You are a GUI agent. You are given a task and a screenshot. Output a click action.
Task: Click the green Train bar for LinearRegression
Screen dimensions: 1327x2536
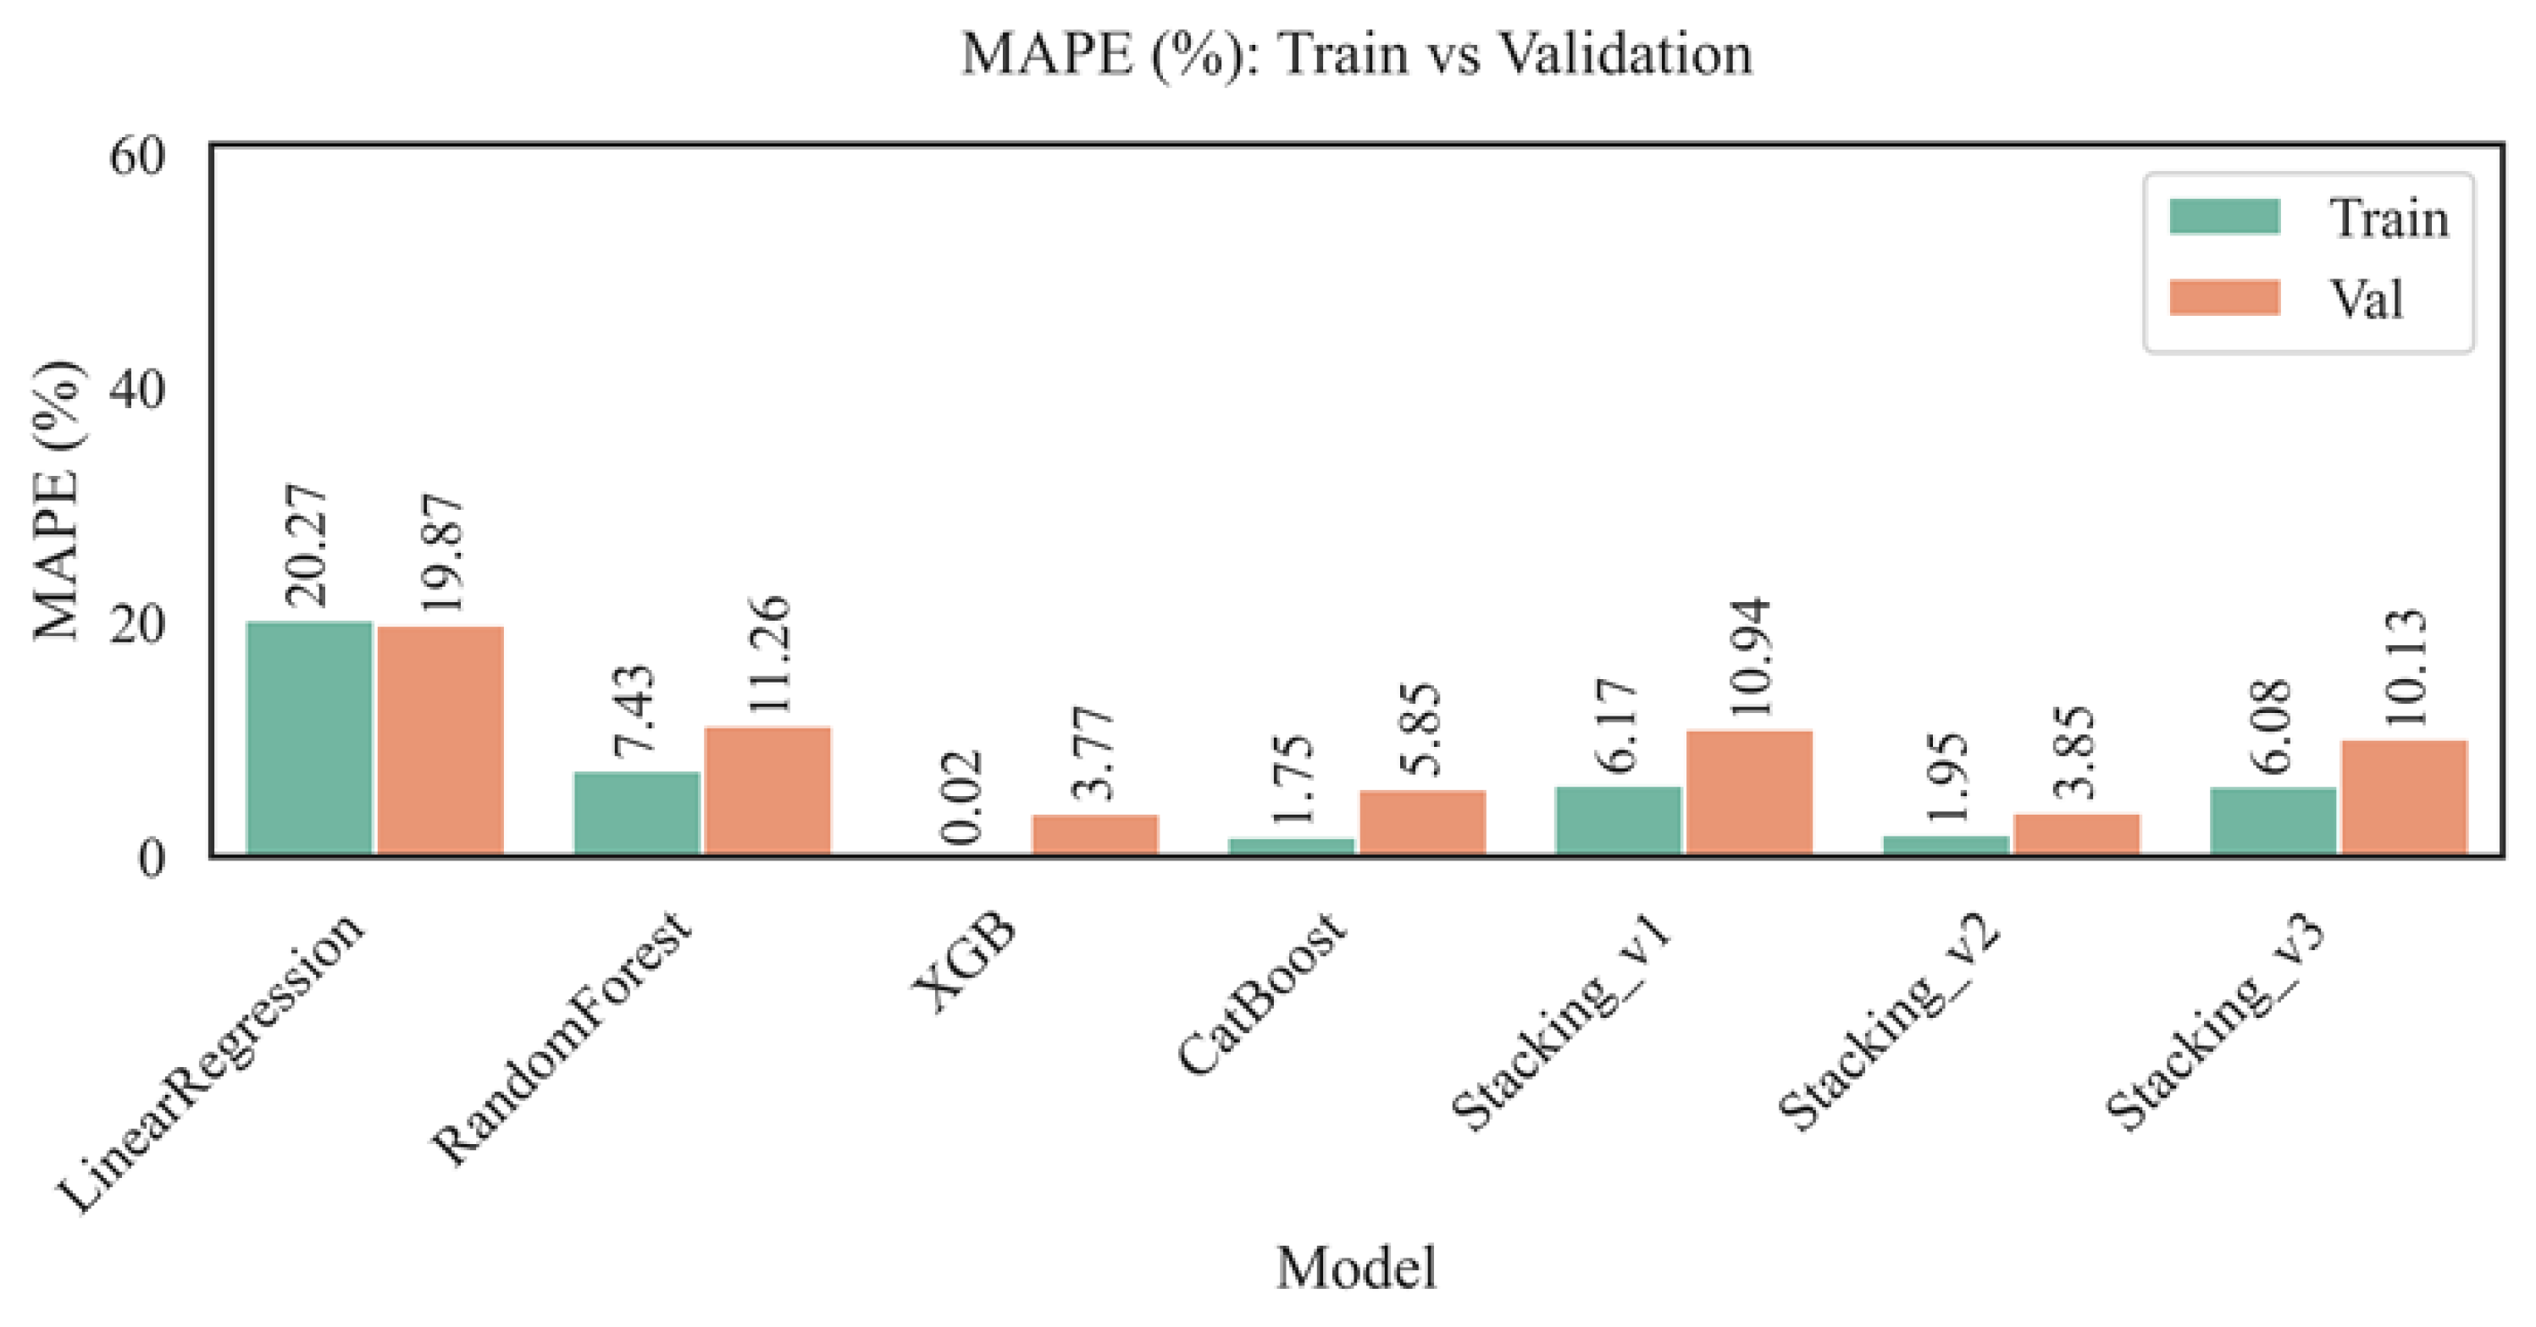tap(309, 738)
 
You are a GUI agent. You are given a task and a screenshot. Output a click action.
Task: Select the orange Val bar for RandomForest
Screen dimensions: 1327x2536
tap(768, 789)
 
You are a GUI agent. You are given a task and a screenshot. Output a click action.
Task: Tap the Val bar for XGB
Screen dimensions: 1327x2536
tap(1094, 834)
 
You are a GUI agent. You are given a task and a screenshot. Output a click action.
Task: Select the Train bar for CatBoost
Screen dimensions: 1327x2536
tap(1292, 846)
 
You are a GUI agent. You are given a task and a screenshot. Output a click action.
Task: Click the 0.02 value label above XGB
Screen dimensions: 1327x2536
tap(961, 798)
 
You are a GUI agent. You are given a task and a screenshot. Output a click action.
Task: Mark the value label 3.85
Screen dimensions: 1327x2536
tap(2077, 752)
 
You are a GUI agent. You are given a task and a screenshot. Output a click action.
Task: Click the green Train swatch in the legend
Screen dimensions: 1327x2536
tap(2224, 217)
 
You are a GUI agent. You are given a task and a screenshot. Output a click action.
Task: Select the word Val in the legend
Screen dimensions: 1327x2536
tap(2365, 298)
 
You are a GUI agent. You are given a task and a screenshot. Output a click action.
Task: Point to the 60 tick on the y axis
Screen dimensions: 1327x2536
tap(137, 156)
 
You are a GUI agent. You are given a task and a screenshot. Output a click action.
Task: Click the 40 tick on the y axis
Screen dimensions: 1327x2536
tap(137, 390)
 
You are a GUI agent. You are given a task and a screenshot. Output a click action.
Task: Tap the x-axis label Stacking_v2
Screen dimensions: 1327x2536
tap(1888, 1023)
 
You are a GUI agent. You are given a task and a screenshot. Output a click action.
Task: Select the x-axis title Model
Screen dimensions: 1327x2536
tap(1357, 1268)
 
